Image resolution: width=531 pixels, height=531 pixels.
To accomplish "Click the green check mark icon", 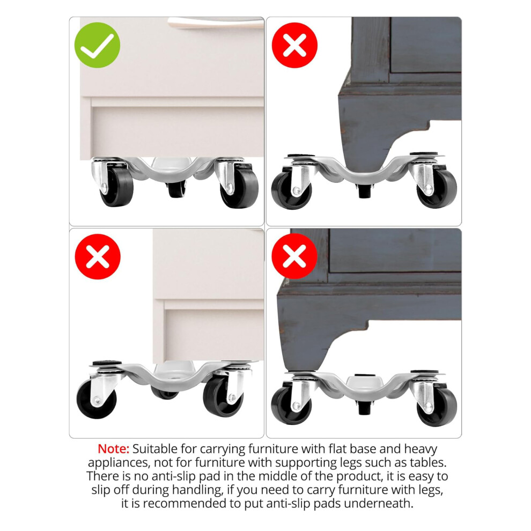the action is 97,45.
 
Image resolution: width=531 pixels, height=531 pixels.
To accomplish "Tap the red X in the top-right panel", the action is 294,45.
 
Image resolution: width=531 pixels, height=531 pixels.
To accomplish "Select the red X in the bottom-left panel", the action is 98,256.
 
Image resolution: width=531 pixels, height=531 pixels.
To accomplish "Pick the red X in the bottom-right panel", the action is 294,256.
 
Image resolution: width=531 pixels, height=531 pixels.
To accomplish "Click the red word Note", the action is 114,449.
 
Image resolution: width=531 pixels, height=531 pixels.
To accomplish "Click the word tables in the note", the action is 427,462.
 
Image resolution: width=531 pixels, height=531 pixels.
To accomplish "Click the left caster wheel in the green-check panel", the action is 117,187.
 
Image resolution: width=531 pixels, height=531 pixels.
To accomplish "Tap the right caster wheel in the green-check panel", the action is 239,188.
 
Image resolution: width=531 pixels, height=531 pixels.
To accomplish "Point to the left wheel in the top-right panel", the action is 291,190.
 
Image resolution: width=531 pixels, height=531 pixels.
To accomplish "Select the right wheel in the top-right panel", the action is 437,189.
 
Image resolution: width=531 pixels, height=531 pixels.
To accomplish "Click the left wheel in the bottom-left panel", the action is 97,399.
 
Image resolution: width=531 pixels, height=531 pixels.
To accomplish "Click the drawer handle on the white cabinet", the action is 216,23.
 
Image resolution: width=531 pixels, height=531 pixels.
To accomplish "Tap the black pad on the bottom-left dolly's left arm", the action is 107,363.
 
